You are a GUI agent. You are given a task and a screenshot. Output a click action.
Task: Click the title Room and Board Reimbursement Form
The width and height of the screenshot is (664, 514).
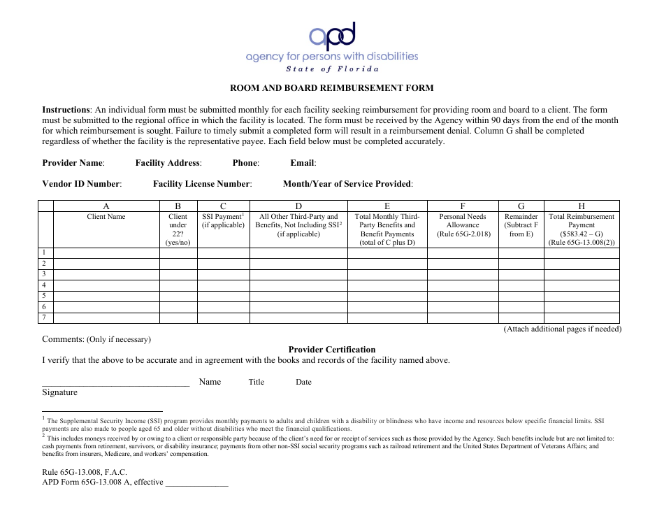(332, 88)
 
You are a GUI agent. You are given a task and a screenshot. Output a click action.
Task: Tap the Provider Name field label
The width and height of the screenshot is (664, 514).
(73, 163)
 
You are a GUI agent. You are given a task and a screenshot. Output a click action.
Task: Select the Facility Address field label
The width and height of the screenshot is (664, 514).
(168, 163)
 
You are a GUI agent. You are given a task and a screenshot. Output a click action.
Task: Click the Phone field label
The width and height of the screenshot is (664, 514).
(245, 163)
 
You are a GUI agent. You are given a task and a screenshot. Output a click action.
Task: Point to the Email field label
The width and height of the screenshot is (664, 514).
(303, 163)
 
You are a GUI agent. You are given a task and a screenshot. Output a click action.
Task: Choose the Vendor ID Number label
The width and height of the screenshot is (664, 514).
(82, 184)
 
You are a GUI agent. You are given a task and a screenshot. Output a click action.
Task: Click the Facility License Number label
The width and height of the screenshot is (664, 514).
(202, 184)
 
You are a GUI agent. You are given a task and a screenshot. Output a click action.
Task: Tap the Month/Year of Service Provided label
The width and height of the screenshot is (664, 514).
(347, 184)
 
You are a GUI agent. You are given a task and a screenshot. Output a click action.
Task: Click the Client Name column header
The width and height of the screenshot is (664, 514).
(106, 217)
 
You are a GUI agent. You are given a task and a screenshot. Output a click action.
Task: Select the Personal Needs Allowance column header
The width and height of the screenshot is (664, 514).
(463, 224)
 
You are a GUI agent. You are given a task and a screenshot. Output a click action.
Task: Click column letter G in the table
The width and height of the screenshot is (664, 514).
(521, 206)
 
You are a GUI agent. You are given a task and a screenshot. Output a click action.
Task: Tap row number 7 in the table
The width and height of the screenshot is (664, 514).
(44, 317)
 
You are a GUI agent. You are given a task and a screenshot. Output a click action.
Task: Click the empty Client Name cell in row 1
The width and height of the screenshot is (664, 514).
(106, 252)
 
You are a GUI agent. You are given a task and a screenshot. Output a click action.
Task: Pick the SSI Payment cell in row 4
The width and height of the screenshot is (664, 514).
(223, 285)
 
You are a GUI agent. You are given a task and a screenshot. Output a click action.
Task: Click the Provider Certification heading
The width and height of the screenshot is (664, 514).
(332, 350)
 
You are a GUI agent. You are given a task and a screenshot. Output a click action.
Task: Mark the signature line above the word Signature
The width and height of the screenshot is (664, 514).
(115, 385)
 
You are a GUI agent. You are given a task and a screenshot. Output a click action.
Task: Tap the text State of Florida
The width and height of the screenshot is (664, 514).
(333, 69)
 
